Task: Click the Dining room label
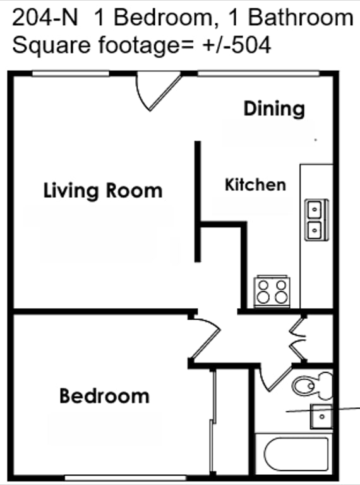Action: pyautogui.click(x=274, y=109)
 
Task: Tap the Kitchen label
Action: pyautogui.click(x=255, y=184)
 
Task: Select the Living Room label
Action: pyautogui.click(x=103, y=190)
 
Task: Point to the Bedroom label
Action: pyautogui.click(x=105, y=396)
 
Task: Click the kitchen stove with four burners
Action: pyautogui.click(x=272, y=291)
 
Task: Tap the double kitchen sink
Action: pyautogui.click(x=316, y=220)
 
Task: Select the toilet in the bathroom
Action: pyautogui.click(x=312, y=385)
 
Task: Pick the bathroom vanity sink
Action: pyautogui.click(x=321, y=416)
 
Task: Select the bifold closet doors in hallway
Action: pyautogui.click(x=297, y=339)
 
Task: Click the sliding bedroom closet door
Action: pyautogui.click(x=212, y=424)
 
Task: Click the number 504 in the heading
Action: pyautogui.click(x=251, y=45)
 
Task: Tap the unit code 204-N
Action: pyautogui.click(x=45, y=18)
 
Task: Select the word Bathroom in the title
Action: pyautogui.click(x=300, y=18)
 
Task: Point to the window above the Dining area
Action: pyautogui.click(x=258, y=74)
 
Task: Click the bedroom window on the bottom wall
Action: pyautogui.click(x=126, y=478)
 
